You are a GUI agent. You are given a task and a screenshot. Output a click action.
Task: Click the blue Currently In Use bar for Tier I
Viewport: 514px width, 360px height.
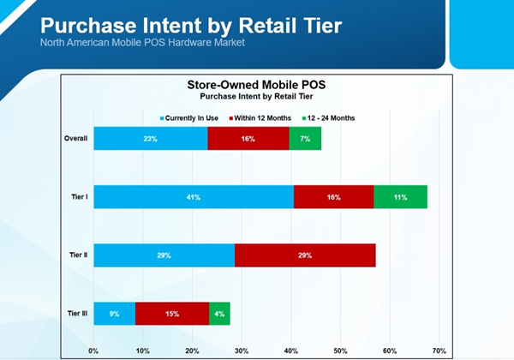194,197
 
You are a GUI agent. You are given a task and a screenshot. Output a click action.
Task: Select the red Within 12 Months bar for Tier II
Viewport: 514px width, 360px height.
305,255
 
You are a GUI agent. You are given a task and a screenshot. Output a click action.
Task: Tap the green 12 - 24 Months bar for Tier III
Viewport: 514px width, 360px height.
219,314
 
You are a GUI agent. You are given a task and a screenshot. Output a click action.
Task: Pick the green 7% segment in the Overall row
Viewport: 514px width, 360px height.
305,138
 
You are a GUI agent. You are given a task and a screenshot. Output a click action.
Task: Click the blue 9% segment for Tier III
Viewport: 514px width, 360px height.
115,314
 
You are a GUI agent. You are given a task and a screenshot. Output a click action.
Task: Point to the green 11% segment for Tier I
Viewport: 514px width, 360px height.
400,197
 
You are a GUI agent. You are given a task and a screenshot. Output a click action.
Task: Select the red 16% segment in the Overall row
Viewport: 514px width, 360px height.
248,138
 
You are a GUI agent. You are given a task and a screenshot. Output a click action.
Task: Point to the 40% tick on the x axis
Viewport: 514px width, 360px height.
291,351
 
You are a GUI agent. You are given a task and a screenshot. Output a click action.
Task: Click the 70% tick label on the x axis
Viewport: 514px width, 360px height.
439,351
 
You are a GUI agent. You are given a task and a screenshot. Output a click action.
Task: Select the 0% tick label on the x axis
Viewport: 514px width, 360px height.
93,351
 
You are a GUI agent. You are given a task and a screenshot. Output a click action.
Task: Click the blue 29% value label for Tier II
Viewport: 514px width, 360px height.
164,255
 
